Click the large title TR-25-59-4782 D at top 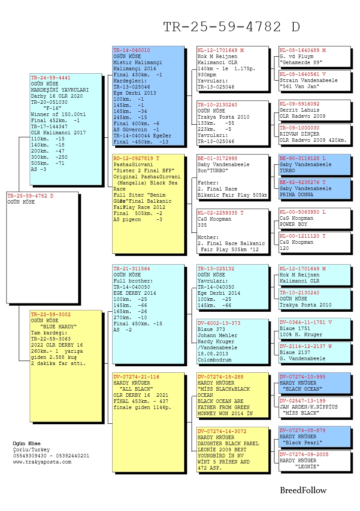pyautogui.click(x=231, y=27)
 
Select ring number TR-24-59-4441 pyautogui.click(x=51, y=78)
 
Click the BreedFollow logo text pyautogui.click(x=303, y=491)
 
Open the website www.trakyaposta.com pyautogui.click(x=42, y=462)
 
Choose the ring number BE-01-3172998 pyautogui.click(x=217, y=158)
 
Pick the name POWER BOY pyautogui.click(x=294, y=224)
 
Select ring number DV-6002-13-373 pyautogui.click(x=219, y=323)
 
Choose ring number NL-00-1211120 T pyautogui.click(x=302, y=236)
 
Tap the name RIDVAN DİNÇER pyautogui.click(x=299, y=134)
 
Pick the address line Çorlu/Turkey pyautogui.click(x=31, y=450)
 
